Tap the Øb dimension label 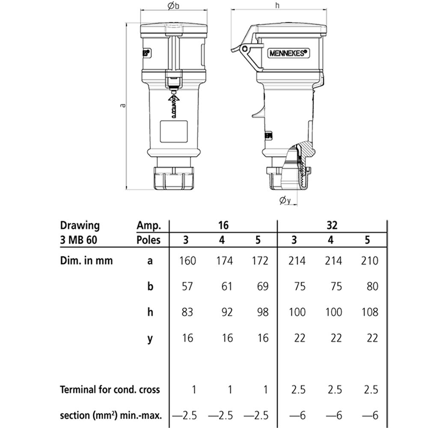tap(174, 6)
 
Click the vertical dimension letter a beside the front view tap(123, 105)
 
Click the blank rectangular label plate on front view tap(174, 131)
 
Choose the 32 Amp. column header tap(332, 226)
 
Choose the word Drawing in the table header tap(80, 226)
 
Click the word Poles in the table tap(149, 240)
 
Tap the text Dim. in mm tap(86, 260)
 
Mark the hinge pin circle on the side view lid tap(246, 49)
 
